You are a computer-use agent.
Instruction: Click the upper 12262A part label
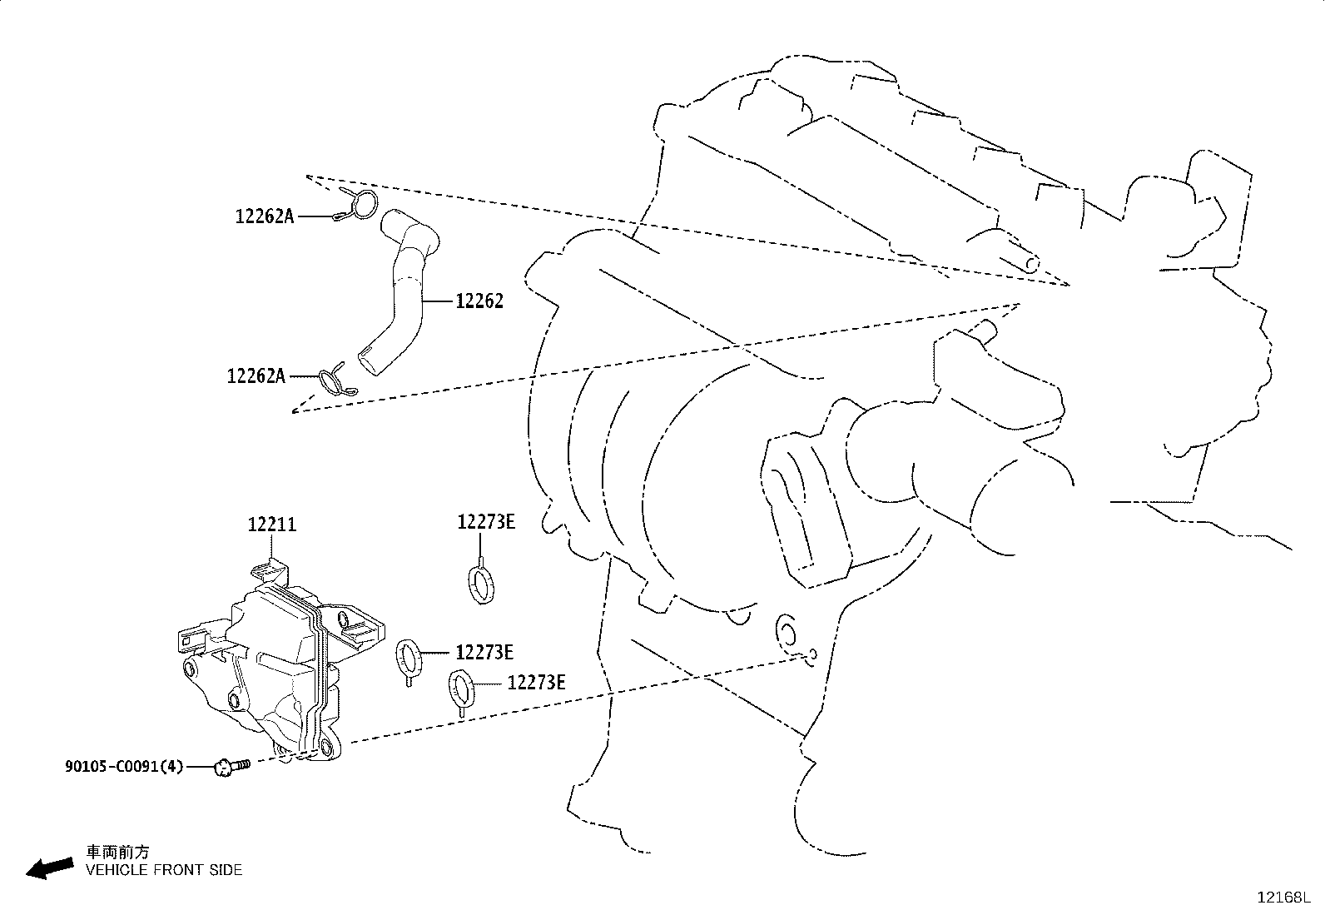[265, 216]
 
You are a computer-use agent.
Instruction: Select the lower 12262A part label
[256, 376]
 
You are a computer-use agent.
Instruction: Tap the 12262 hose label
[479, 301]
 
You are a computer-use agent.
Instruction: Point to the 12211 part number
[271, 525]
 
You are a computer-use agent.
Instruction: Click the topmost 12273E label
[486, 522]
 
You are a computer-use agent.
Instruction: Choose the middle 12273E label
[484, 652]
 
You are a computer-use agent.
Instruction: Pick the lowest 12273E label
[537, 683]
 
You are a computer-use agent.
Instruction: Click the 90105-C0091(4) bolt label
[124, 767]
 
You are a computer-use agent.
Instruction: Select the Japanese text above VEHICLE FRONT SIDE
[117, 852]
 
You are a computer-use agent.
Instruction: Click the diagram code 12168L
[1283, 898]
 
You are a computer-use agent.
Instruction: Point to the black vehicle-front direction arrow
[50, 868]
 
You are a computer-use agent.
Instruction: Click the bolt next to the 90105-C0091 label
[232, 767]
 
